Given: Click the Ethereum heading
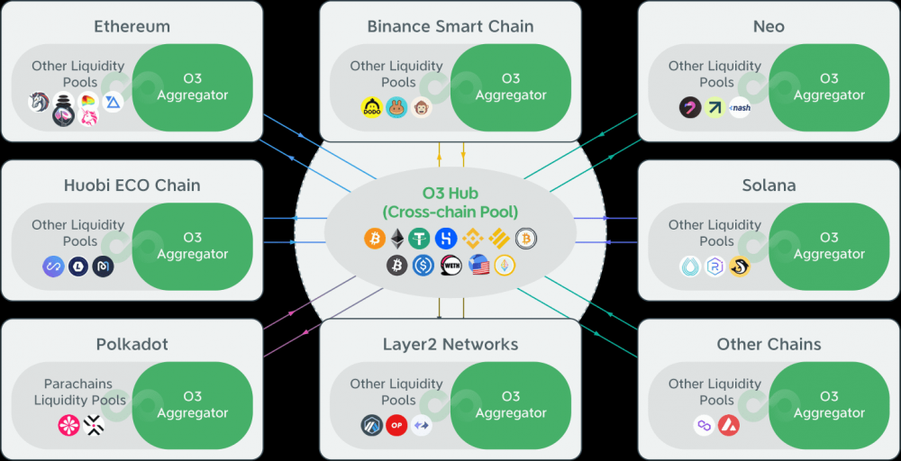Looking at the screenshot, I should point(132,26).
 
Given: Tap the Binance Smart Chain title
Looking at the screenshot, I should point(450,26).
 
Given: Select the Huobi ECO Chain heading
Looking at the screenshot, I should point(132,185).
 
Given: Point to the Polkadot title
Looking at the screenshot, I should point(132,345).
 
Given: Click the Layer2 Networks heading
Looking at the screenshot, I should point(450,345).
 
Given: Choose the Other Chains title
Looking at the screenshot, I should point(769,345).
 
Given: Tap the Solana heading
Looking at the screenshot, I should point(769,185).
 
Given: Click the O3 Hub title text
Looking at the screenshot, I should point(450,203).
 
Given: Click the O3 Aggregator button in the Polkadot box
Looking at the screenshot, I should point(192,405).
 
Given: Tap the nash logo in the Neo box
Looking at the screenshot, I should point(740,108).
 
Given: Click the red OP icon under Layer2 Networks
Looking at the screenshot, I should point(396,426).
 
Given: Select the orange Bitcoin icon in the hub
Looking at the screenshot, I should point(374,239).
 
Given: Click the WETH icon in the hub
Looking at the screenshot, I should point(450,266).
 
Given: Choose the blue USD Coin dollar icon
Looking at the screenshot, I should point(423,266).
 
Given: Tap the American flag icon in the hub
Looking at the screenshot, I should point(478,266).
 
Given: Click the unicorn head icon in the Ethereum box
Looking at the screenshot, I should point(38,103).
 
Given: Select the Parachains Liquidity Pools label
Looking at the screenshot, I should point(79,392).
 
